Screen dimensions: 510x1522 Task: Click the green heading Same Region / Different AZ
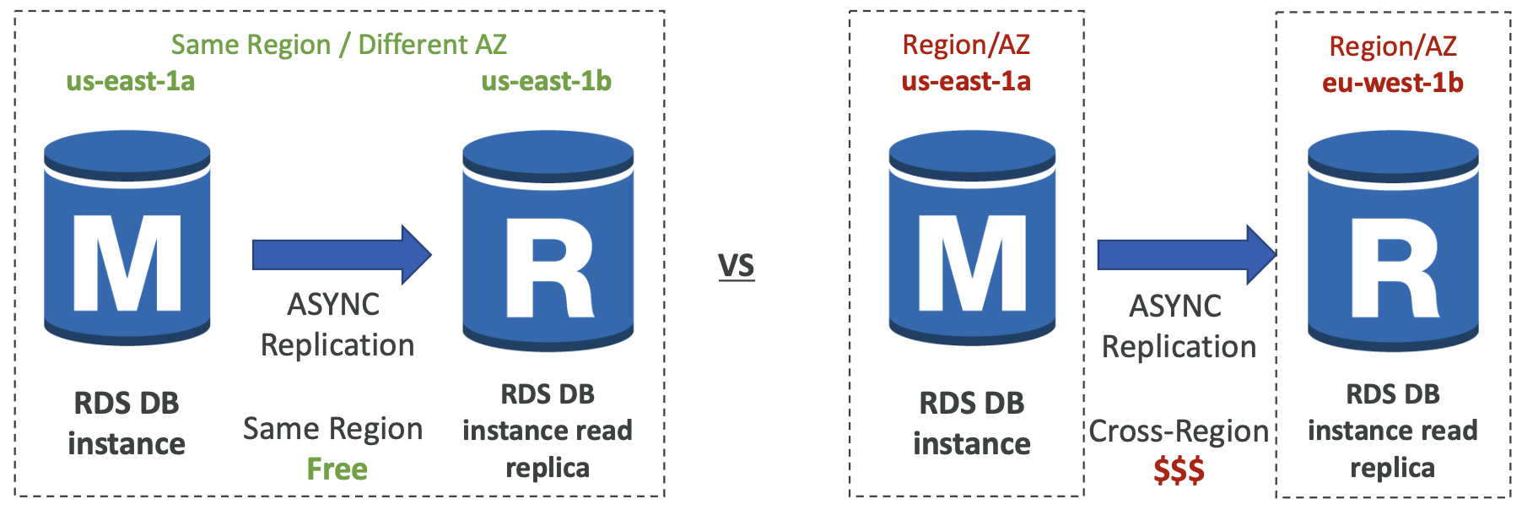338,44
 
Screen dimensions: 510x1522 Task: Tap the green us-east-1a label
131,81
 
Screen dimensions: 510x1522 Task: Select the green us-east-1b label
546,81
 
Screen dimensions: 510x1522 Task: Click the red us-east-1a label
966,81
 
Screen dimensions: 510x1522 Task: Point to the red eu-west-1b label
1392,83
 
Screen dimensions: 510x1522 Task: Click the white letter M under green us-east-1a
127,263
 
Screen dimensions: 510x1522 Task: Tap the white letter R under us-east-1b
548,268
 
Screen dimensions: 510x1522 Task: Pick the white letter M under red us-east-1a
972,263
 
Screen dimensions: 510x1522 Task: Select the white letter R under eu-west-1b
1394,268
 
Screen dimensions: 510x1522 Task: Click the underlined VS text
736,266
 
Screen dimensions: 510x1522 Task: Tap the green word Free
337,469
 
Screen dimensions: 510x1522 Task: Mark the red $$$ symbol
1179,470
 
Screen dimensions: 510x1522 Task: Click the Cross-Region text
1179,431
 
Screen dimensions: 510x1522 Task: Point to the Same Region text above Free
332,429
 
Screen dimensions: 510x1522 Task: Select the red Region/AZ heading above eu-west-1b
1393,46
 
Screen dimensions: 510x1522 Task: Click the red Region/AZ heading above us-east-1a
966,45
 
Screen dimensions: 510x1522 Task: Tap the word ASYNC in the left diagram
333,305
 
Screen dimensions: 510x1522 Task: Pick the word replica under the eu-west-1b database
1392,468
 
